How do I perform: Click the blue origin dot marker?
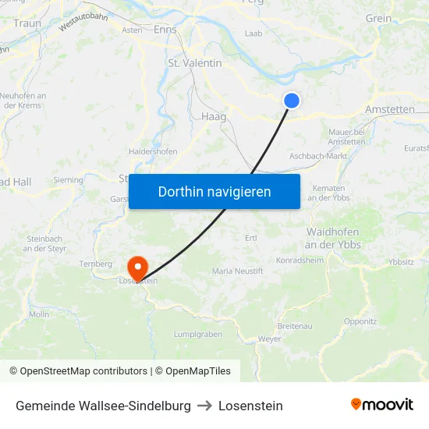click(291, 100)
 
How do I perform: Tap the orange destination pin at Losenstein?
click(138, 268)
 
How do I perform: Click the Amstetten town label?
click(389, 110)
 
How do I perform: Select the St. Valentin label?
click(195, 63)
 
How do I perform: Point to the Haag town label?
click(213, 116)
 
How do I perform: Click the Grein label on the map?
click(378, 19)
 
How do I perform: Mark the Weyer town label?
click(269, 339)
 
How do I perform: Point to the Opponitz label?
click(360, 321)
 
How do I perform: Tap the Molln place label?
click(39, 314)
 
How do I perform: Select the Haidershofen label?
click(153, 151)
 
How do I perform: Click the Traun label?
click(27, 24)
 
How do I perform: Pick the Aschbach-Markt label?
click(318, 156)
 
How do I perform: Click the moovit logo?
click(381, 404)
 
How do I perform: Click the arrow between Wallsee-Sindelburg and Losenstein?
click(204, 406)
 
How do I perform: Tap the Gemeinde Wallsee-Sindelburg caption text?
click(103, 406)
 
